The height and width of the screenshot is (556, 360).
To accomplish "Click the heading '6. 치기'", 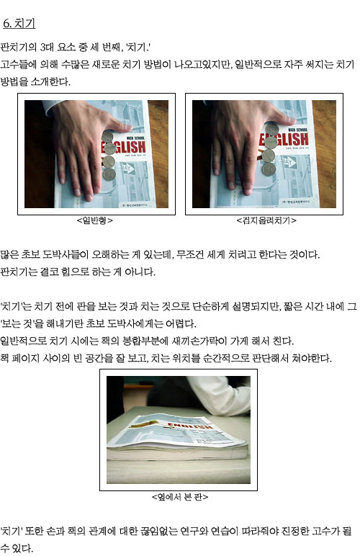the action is [x=19, y=23].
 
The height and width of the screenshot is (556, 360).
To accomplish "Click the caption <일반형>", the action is [x=94, y=220].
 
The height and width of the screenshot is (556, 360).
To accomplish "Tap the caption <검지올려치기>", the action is [x=266, y=220].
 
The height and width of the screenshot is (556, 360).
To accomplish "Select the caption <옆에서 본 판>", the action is [x=180, y=497].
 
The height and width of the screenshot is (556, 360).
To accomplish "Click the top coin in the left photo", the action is [x=107, y=137].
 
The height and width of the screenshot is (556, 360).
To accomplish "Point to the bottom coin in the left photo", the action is [x=109, y=174].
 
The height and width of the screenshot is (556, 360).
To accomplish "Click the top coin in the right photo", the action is [x=271, y=129].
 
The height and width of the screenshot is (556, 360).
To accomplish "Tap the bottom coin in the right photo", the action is [x=269, y=169].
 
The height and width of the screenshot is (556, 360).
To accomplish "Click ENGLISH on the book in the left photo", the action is [x=124, y=147].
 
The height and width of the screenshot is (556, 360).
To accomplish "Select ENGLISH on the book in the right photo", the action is [x=284, y=139].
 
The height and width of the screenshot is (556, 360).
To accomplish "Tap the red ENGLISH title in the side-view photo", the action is [x=189, y=425].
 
